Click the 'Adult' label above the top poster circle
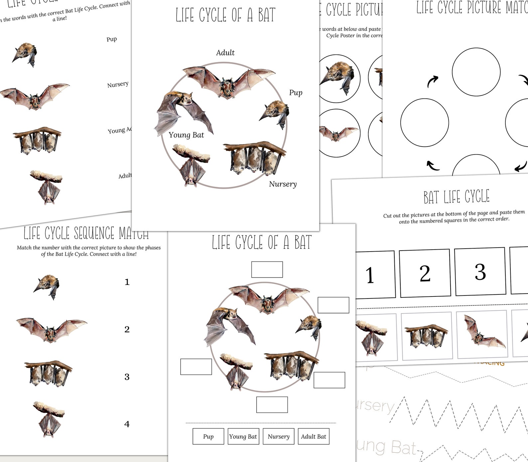tap(225, 53)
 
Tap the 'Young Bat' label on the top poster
tap(186, 135)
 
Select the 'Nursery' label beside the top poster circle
tap(283, 184)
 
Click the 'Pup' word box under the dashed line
tap(208, 436)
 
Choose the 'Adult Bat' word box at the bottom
tap(313, 436)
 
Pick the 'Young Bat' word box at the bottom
tap(243, 436)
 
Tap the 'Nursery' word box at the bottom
tap(278, 436)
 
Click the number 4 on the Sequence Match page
tap(127, 424)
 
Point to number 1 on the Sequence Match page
tap(127, 282)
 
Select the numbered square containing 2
tap(425, 273)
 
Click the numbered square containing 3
tap(480, 272)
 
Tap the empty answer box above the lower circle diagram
tap(267, 270)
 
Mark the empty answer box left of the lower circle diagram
tap(196, 367)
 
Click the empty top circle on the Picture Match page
tap(476, 72)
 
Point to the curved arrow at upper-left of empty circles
tap(432, 81)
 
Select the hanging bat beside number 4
tap(49, 419)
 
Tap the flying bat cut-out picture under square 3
tap(482, 334)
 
